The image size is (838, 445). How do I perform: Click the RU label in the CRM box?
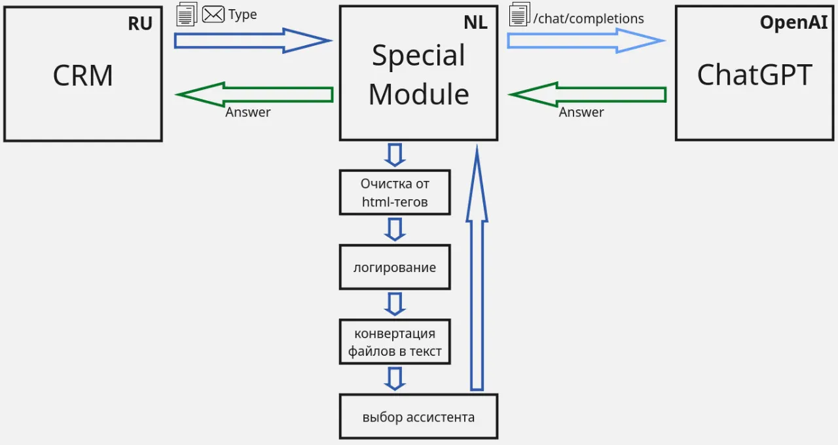click(140, 24)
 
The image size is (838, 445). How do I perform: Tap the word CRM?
click(82, 76)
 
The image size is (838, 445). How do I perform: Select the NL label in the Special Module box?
click(475, 22)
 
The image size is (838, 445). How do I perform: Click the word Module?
click(418, 94)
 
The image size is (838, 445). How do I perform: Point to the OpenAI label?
click(793, 22)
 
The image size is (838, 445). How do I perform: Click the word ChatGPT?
click(754, 75)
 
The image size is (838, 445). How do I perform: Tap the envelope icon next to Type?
click(213, 14)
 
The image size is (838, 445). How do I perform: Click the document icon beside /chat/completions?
click(519, 14)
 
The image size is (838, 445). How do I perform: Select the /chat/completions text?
click(589, 18)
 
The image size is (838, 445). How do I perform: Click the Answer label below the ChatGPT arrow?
click(581, 112)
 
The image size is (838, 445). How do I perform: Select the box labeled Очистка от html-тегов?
click(395, 193)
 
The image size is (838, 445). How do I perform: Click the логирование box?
click(395, 267)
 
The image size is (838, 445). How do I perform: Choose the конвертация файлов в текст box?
click(395, 342)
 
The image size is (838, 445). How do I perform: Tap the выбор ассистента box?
click(418, 417)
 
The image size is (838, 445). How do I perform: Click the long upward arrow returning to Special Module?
click(477, 275)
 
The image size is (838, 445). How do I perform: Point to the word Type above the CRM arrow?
click(242, 15)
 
